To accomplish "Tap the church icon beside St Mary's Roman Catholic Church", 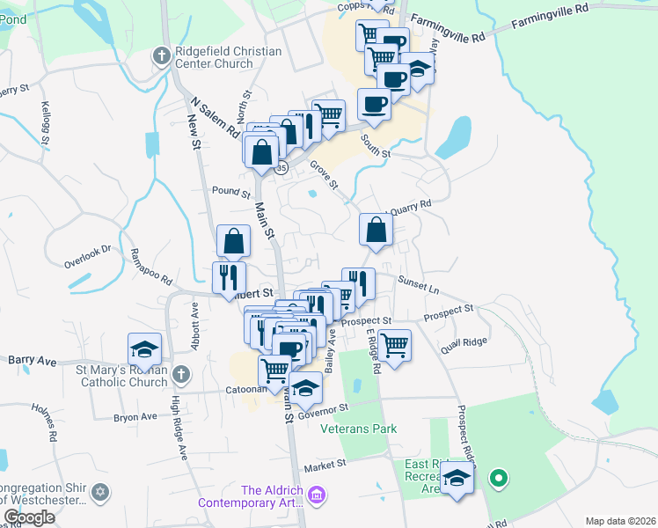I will click(x=180, y=374).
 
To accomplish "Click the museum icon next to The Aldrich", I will click(x=316, y=497).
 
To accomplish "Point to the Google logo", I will click(x=29, y=517).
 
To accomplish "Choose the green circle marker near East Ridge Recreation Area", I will click(x=498, y=479).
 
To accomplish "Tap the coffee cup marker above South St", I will click(x=374, y=105).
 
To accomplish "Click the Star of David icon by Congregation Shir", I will click(x=99, y=490).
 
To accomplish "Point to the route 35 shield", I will click(x=281, y=167).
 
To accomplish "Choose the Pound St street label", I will click(x=232, y=190).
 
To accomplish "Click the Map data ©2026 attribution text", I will click(x=620, y=521).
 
